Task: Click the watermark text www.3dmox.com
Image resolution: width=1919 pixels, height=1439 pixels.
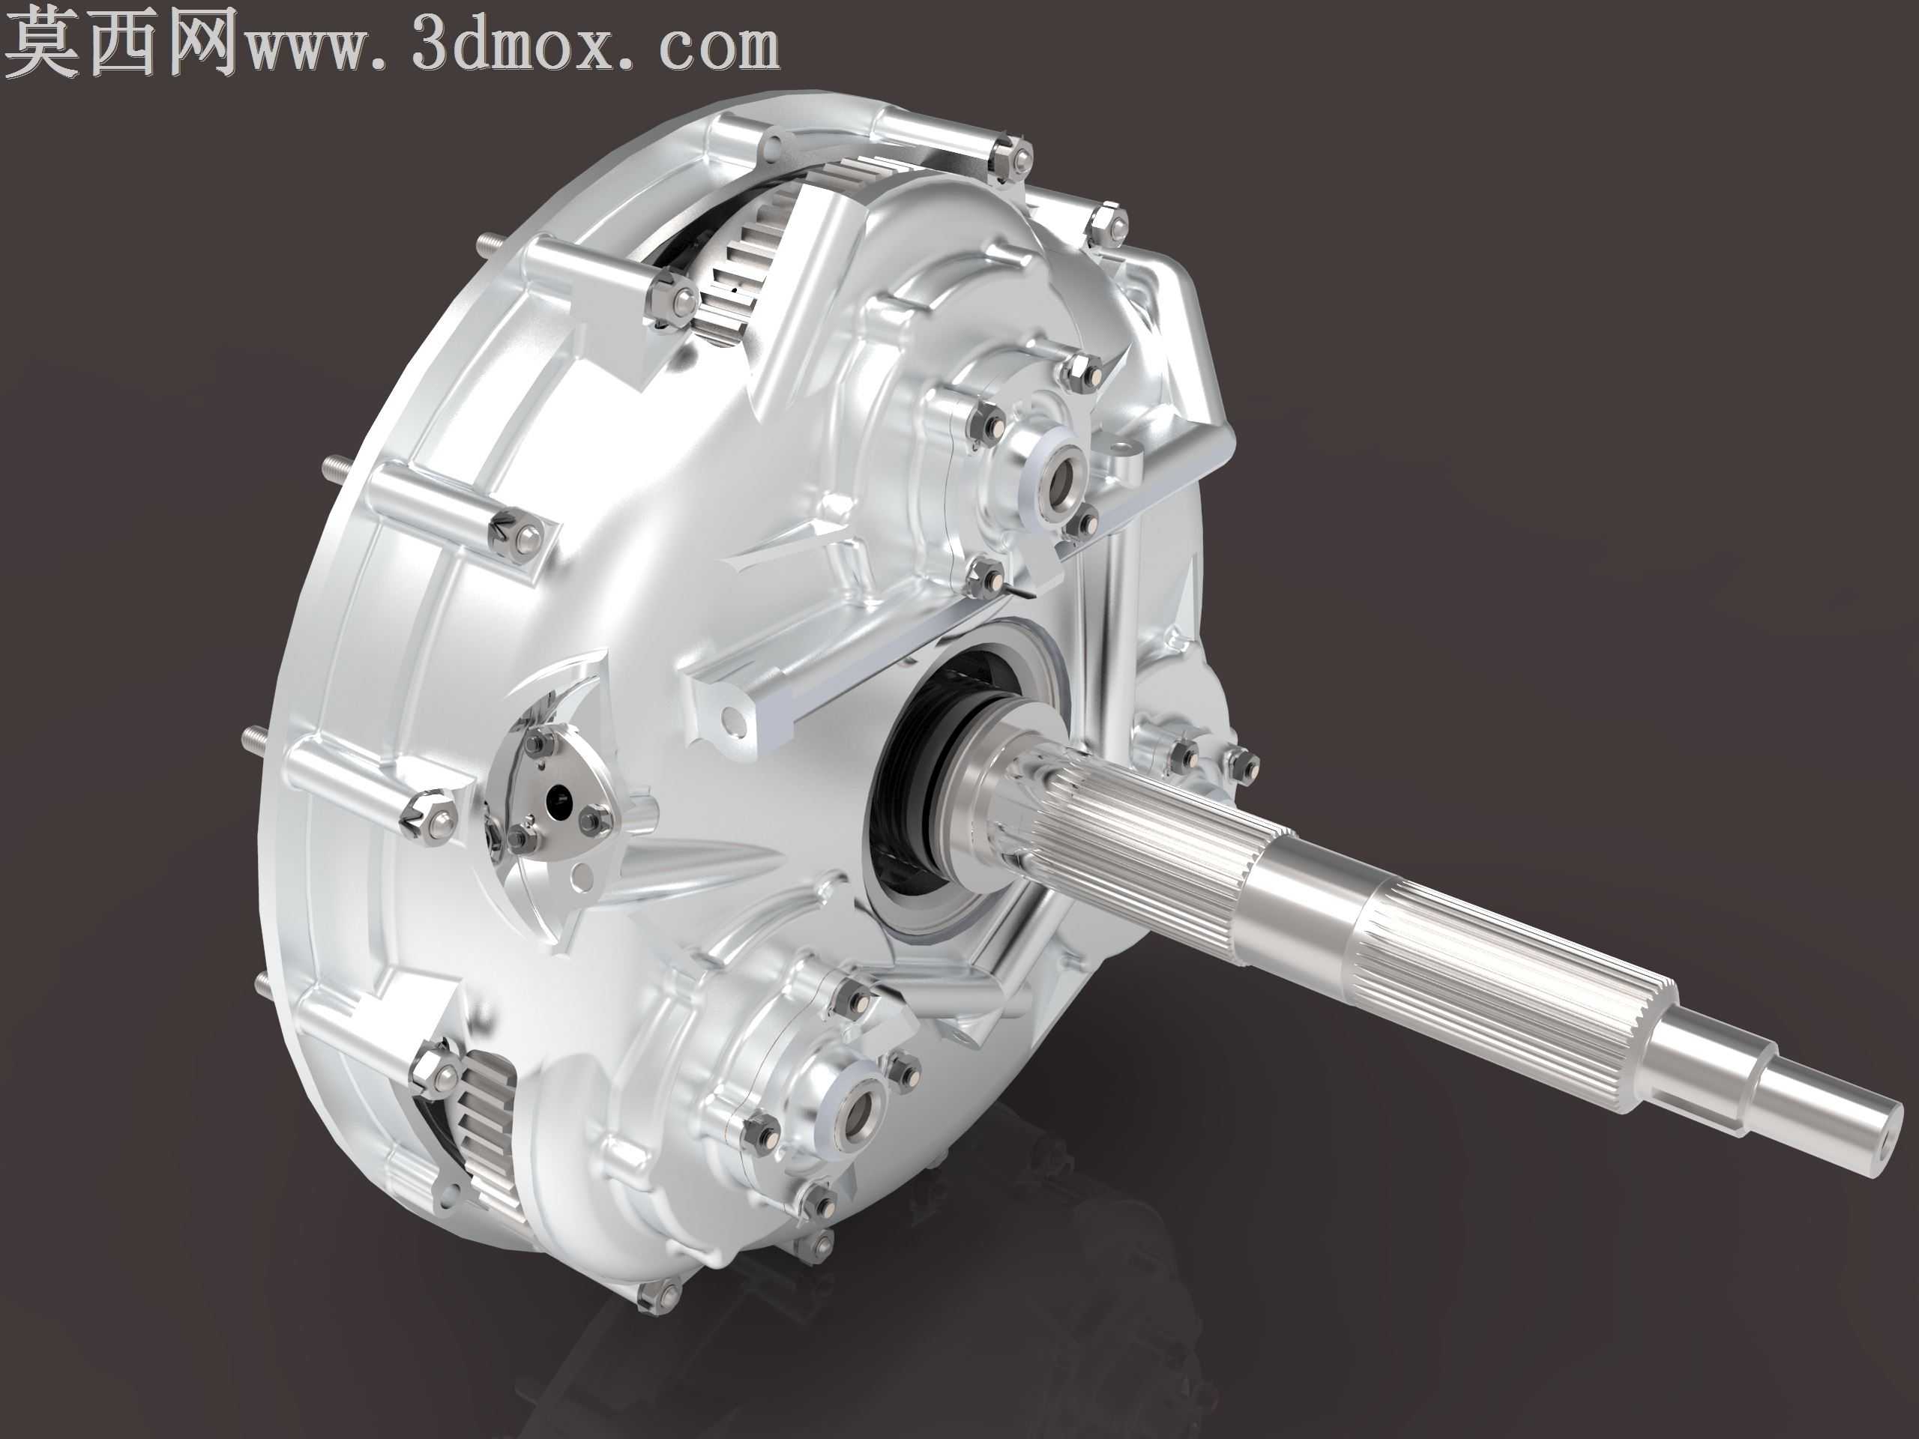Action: click(x=513, y=45)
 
